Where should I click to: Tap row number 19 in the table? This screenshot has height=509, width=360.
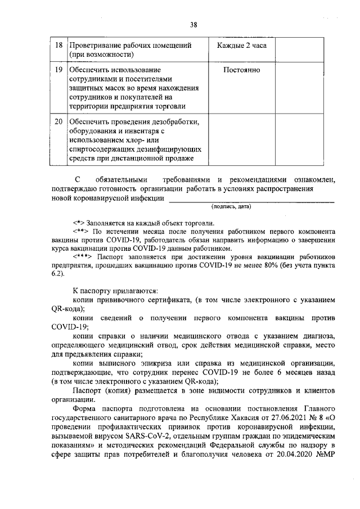[x=59, y=70]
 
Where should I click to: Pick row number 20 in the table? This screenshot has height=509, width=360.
[x=59, y=121]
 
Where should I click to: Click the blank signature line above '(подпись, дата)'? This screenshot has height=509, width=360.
[x=252, y=200]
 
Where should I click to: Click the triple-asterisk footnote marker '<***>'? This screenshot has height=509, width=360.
[x=82, y=256]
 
